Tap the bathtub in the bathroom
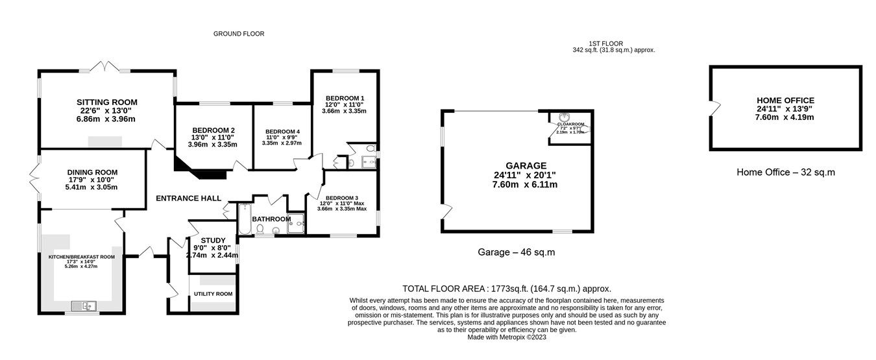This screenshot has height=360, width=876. [x=245, y=219]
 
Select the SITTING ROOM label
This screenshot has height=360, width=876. [x=107, y=102]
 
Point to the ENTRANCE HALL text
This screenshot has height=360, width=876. [x=188, y=198]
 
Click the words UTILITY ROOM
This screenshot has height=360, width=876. [x=213, y=294]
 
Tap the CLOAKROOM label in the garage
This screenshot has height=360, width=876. [x=570, y=124]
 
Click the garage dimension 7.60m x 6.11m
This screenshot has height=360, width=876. [x=525, y=184]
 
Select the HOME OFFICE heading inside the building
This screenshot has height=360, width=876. [x=785, y=100]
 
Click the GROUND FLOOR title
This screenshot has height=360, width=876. [x=239, y=34]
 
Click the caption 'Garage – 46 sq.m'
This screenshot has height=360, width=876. [x=517, y=252]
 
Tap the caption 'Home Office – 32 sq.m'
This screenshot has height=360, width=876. [x=786, y=173]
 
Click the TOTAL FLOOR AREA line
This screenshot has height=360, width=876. [x=507, y=289]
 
